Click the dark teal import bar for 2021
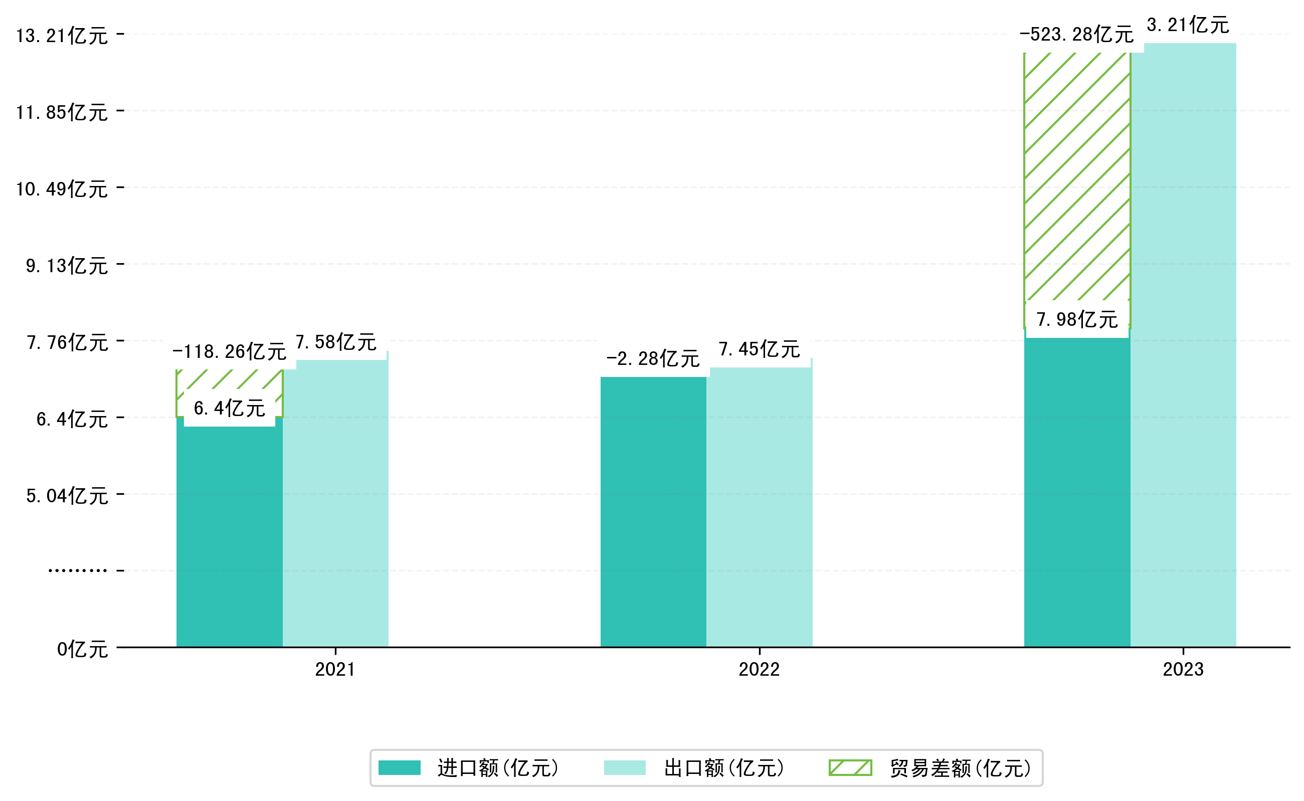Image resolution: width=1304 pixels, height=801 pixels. tap(229, 535)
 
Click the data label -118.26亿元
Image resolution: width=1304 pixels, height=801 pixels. tap(229, 352)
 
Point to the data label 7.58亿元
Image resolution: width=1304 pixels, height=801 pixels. tap(335, 342)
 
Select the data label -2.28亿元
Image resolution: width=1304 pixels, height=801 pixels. tap(652, 359)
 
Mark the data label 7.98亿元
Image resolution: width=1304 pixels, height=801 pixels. tap(1077, 319)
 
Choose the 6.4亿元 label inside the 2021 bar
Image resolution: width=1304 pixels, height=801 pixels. tap(229, 409)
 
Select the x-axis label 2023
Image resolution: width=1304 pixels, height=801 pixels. tap(1183, 670)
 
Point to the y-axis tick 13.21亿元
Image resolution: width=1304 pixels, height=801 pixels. tap(62, 36)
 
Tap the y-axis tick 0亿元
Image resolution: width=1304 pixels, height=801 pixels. tap(82, 650)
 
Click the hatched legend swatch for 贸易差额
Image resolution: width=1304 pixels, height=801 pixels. tap(850, 767)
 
